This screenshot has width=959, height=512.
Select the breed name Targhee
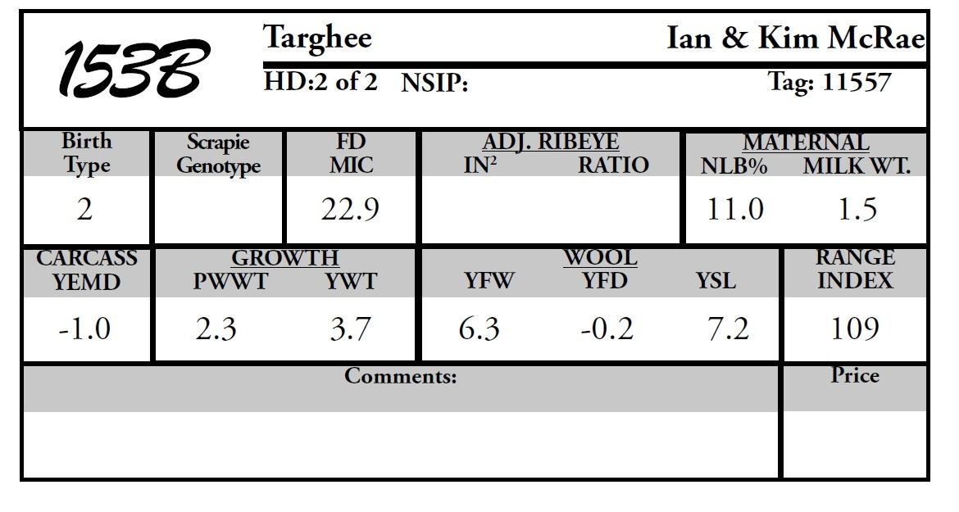point(317,38)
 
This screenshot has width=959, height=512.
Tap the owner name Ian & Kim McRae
point(795,39)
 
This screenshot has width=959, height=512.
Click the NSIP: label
point(434,84)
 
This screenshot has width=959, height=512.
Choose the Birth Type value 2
point(84,211)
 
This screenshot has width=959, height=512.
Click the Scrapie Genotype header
point(218,154)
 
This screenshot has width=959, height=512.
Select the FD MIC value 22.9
point(350,211)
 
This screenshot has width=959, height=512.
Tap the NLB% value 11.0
point(734,210)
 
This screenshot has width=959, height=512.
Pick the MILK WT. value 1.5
point(857,210)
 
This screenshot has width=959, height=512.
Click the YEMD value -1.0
point(84,329)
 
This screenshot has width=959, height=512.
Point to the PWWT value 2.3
point(216,329)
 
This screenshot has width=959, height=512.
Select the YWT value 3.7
point(350,329)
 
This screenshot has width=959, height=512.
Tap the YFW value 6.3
point(479,329)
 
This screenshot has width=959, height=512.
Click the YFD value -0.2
point(607,329)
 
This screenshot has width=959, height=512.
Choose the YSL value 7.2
point(728,329)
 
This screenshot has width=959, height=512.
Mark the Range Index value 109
point(855,329)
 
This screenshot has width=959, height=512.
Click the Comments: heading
point(400,377)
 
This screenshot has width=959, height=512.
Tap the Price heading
point(855,376)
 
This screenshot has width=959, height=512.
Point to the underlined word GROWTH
point(284,258)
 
